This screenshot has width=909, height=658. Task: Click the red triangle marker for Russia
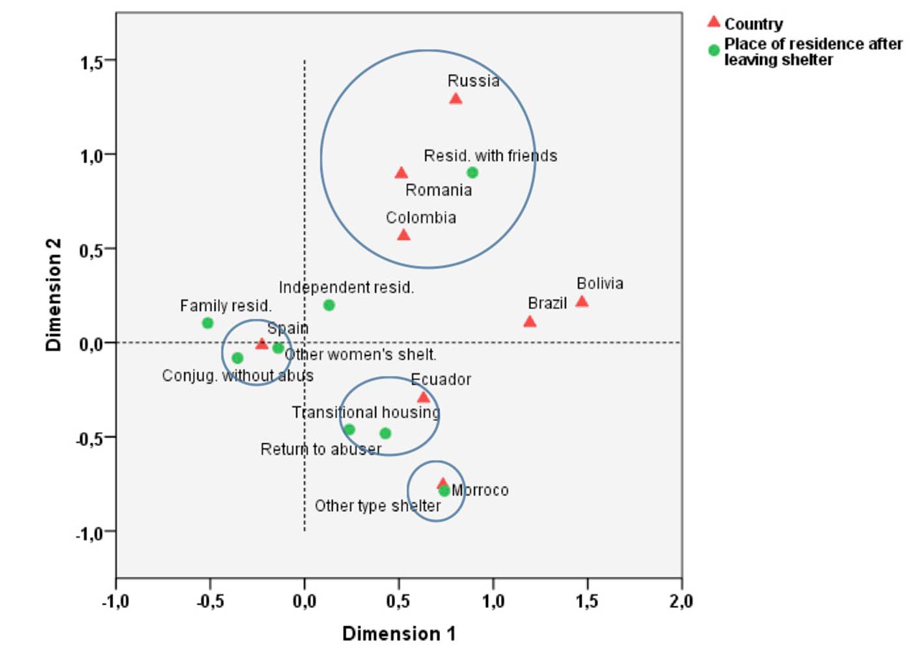pyautogui.click(x=455, y=99)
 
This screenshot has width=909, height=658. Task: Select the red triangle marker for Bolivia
pyautogui.click(x=582, y=301)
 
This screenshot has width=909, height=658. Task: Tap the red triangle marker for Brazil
pyautogui.click(x=530, y=322)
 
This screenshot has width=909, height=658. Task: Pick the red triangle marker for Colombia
pyautogui.click(x=403, y=235)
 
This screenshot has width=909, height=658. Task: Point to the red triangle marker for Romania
pyautogui.click(x=401, y=173)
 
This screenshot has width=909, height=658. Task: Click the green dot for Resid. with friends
pyautogui.click(x=472, y=172)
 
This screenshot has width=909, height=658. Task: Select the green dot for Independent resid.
pyautogui.click(x=329, y=305)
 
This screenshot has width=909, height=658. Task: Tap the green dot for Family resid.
pyautogui.click(x=208, y=322)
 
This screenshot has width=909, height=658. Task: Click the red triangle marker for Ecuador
pyautogui.click(x=424, y=397)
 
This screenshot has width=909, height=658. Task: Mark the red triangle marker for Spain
pyautogui.click(x=262, y=344)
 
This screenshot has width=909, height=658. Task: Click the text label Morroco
pyautogui.click(x=480, y=490)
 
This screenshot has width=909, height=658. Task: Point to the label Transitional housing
pyautogui.click(x=366, y=412)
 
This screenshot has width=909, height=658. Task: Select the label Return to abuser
pyautogui.click(x=321, y=449)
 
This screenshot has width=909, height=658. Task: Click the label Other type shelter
pyautogui.click(x=377, y=506)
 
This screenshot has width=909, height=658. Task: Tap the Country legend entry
pyautogui.click(x=753, y=24)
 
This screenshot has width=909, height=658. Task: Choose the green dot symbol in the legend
pyautogui.click(x=714, y=50)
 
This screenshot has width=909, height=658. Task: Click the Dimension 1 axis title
pyautogui.click(x=399, y=633)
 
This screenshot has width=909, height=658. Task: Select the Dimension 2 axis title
pyautogui.click(x=53, y=295)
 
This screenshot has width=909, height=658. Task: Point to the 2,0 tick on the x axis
pyautogui.click(x=681, y=601)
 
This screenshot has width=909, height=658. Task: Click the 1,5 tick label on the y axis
pyautogui.click(x=91, y=62)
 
